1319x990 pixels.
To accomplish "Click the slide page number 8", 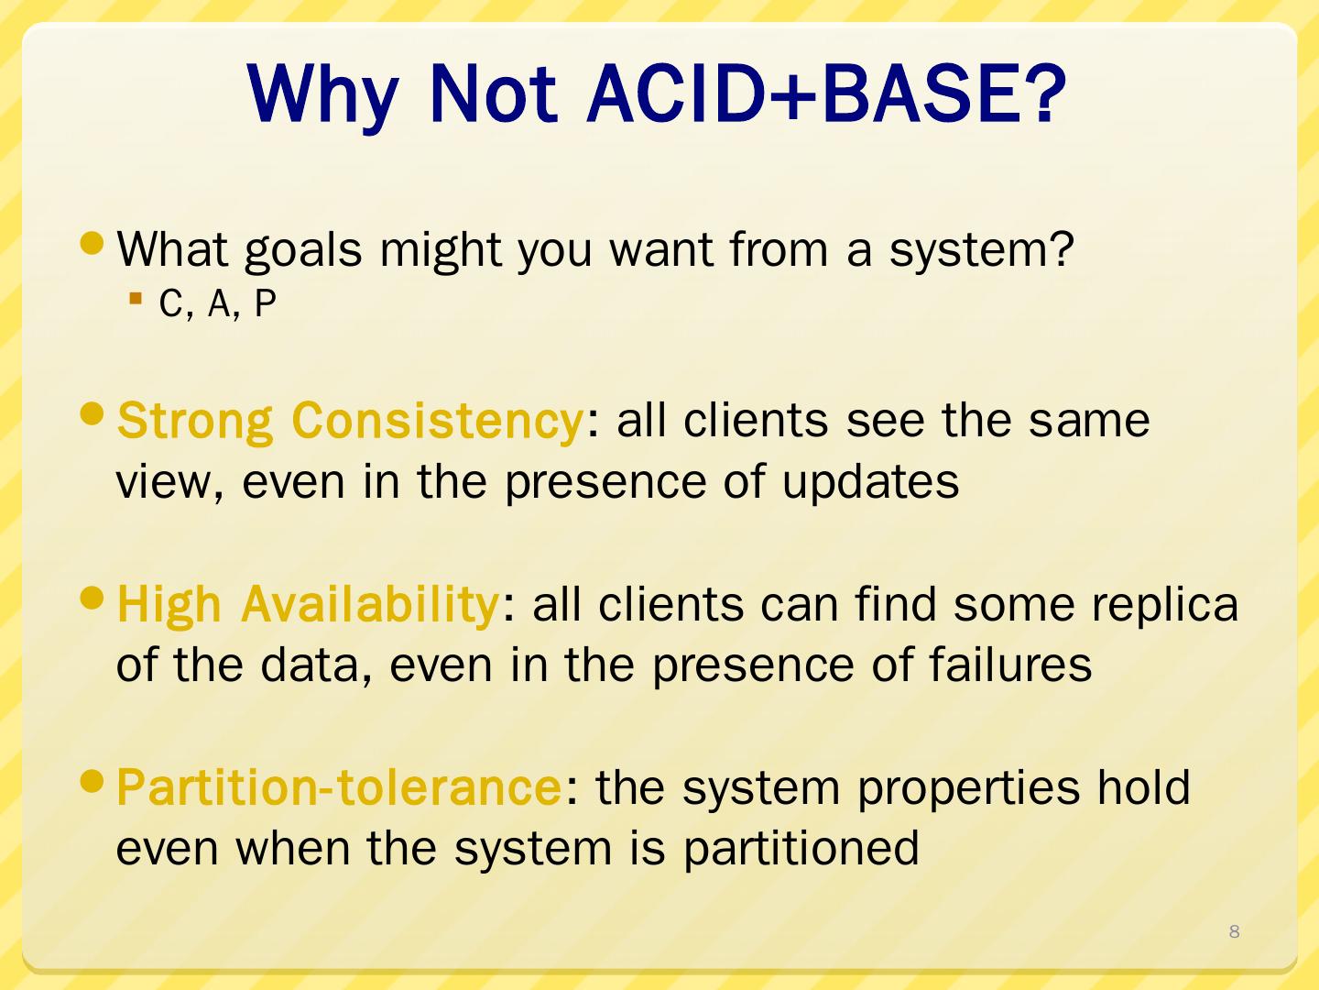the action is [1234, 931].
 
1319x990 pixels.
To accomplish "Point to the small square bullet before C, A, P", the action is [136, 298].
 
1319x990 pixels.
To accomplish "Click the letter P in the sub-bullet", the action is [265, 302].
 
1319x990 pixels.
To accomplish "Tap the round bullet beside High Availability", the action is [92, 598].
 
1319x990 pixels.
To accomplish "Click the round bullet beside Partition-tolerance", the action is [92, 781].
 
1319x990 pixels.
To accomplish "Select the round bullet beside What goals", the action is [92, 243].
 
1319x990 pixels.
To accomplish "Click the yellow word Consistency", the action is [437, 420].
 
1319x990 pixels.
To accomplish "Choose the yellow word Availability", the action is [369, 605].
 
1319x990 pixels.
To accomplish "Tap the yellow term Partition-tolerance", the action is [339, 786].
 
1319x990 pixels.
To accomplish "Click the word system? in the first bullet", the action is [981, 250].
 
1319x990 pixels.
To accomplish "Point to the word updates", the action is [871, 481].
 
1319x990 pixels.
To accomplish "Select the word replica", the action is [1164, 605].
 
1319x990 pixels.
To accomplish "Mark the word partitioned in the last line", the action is [801, 849].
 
